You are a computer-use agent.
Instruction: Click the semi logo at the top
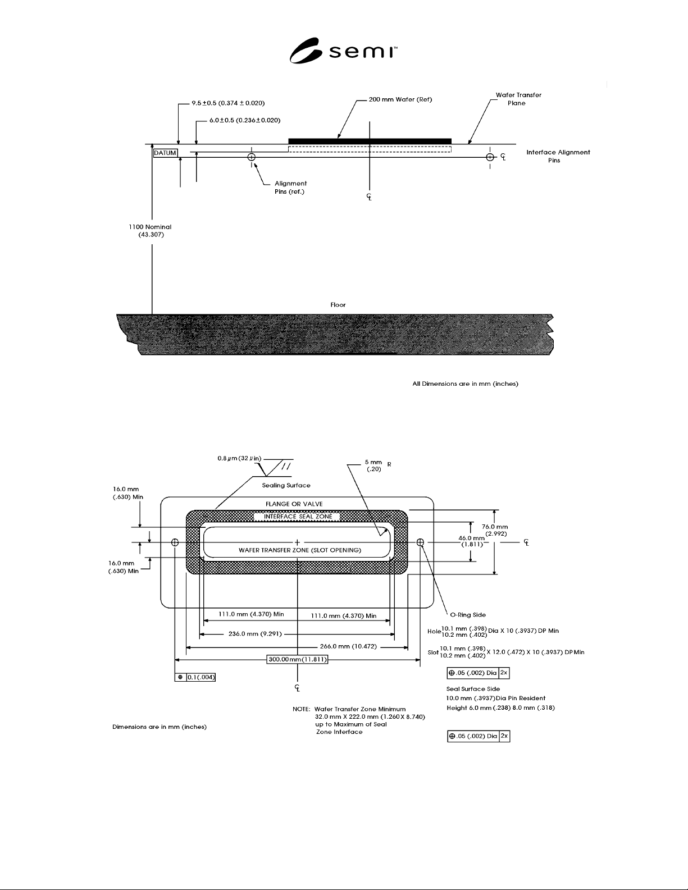pyautogui.click(x=343, y=51)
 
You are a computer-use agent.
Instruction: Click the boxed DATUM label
pyautogui.click(x=165, y=153)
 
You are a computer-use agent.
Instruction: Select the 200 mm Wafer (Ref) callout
pyautogui.click(x=400, y=99)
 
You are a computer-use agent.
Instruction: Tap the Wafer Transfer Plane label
pyautogui.click(x=518, y=99)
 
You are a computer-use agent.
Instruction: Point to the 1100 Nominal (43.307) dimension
pyautogui.click(x=151, y=231)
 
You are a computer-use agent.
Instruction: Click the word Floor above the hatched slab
pyautogui.click(x=338, y=305)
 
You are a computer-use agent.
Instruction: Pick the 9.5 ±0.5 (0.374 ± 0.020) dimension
pyautogui.click(x=228, y=103)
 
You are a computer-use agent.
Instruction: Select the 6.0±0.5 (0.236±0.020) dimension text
pyautogui.click(x=245, y=120)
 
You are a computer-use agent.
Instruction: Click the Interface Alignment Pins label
pyautogui.click(x=558, y=156)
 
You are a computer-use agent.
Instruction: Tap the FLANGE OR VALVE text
pyautogui.click(x=294, y=504)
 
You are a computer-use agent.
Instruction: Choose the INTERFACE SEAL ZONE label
pyautogui.click(x=298, y=517)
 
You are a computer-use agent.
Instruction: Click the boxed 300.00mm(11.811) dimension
pyautogui.click(x=297, y=659)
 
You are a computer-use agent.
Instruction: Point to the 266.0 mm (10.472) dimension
pyautogui.click(x=348, y=646)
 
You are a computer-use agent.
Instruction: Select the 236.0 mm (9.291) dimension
pyautogui.click(x=255, y=634)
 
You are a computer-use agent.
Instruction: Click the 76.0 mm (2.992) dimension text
pyautogui.click(x=495, y=531)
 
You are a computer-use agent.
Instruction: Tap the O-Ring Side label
pyautogui.click(x=468, y=615)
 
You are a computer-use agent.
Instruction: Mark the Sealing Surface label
pyautogui.click(x=286, y=485)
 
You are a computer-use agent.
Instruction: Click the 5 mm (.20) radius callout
pyautogui.click(x=373, y=465)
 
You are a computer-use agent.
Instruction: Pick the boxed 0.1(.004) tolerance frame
pyautogui.click(x=195, y=677)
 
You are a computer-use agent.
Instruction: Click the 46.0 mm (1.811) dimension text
pyautogui.click(x=471, y=541)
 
